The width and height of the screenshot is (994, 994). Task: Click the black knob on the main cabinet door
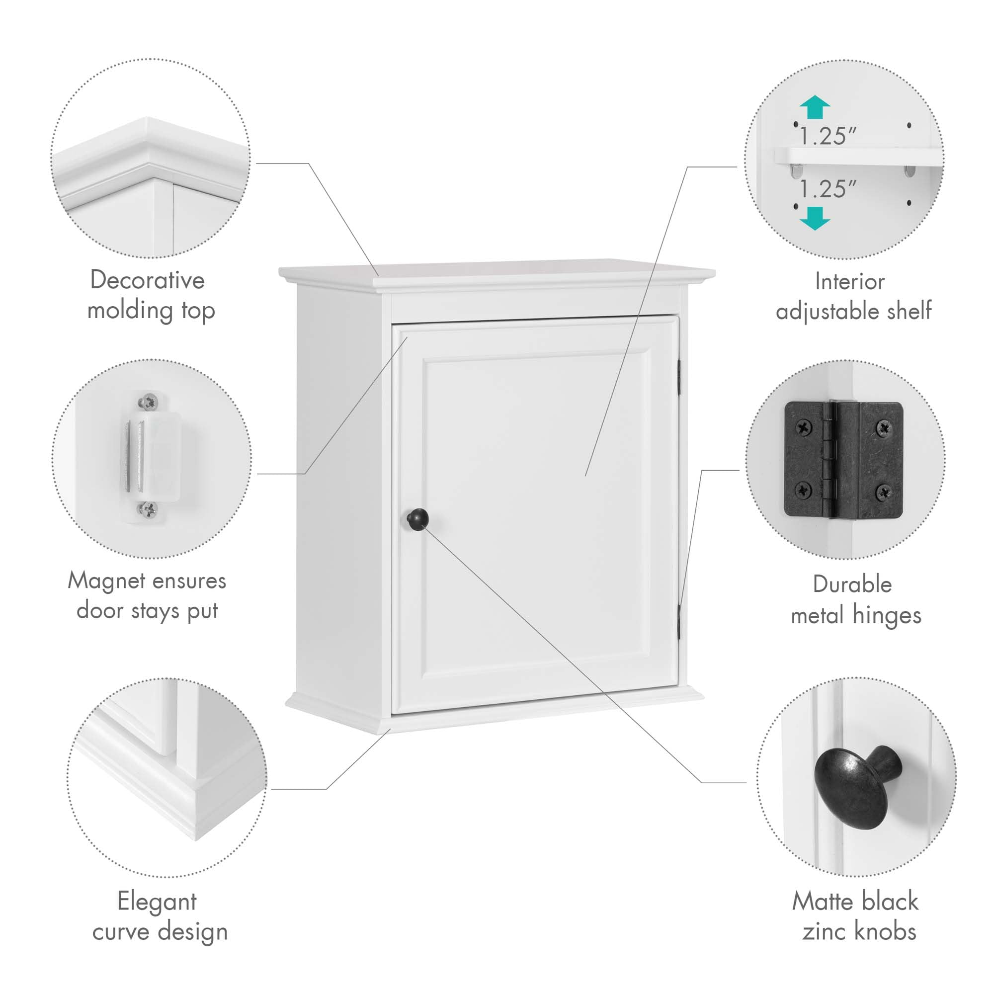(417, 519)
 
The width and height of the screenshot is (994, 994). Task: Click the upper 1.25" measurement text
(828, 136)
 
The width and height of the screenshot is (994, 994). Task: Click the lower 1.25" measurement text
(828, 189)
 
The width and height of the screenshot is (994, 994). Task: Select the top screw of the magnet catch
(149, 401)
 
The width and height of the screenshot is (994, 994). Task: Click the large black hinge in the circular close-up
(844, 459)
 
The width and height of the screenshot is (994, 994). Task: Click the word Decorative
(147, 280)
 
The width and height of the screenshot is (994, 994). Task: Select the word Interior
(850, 281)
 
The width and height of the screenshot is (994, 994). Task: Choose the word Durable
(852, 584)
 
